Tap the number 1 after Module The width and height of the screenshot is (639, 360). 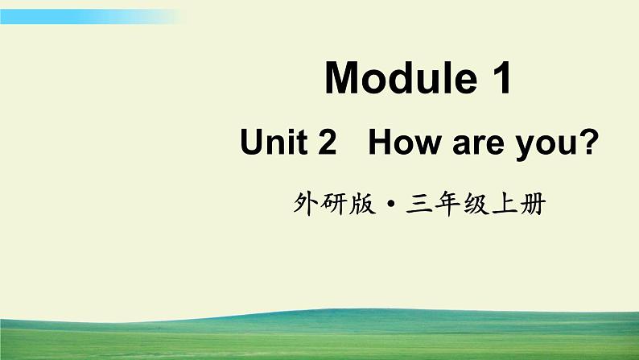click(500, 79)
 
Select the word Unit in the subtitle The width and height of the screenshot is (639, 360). click(274, 144)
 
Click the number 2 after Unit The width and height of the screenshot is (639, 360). click(326, 144)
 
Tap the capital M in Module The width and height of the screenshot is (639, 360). click(341, 79)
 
